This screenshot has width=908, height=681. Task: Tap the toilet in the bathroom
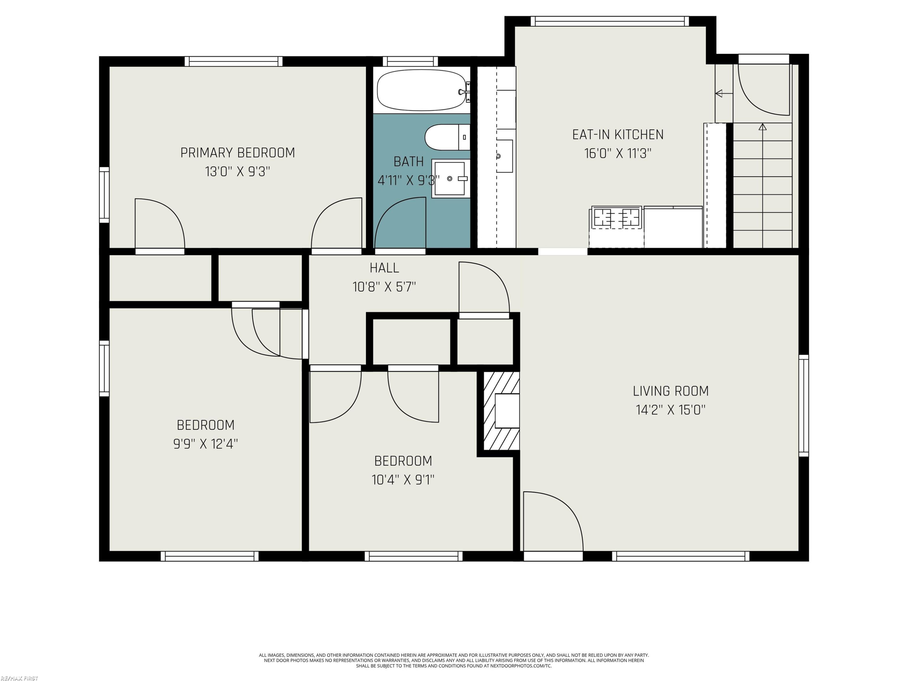pos(447,137)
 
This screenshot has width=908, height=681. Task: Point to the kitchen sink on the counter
pos(504,156)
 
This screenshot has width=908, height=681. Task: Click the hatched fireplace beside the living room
pos(501,411)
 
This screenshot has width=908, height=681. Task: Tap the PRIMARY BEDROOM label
pos(238,153)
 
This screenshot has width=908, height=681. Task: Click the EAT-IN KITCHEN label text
pos(618,135)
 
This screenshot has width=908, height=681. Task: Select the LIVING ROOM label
pos(671,391)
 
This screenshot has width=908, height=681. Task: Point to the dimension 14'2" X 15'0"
pos(671,410)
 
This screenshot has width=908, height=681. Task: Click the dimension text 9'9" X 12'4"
pos(206,444)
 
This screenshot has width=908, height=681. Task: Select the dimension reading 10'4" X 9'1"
pos(403,479)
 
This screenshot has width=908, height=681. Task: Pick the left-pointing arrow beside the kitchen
pos(724,94)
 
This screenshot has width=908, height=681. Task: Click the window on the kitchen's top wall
pos(610,21)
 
